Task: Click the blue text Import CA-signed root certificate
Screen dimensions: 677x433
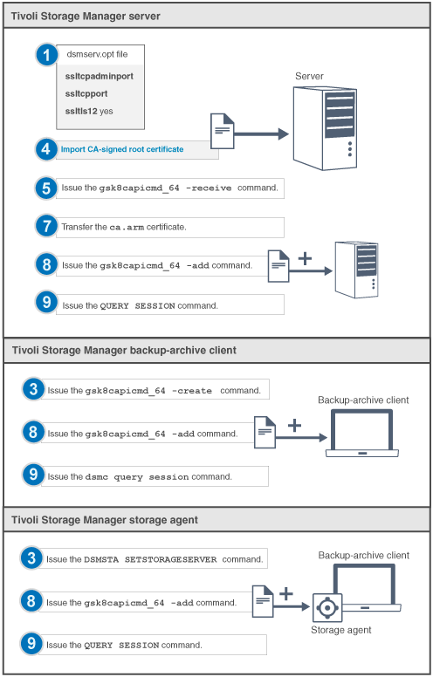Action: click(x=122, y=149)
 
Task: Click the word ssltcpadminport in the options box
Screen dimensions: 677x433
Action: click(x=99, y=76)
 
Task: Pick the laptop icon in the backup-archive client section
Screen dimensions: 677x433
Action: click(x=361, y=434)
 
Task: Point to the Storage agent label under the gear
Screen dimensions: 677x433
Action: click(x=341, y=630)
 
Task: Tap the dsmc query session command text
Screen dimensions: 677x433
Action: click(x=135, y=476)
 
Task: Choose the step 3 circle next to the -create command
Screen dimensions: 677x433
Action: click(x=31, y=390)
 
